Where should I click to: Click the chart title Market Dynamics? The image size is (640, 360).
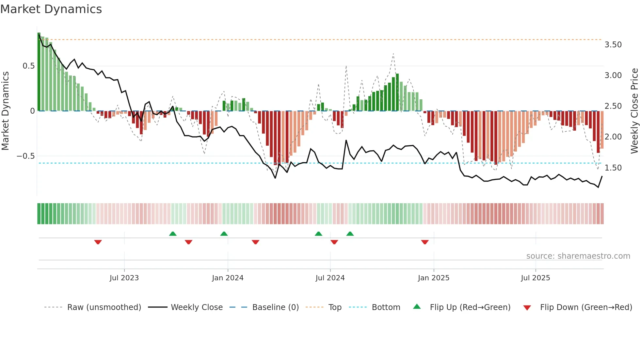(51, 9)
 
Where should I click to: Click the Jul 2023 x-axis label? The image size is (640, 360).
(124, 278)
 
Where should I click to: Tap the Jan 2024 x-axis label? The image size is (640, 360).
(228, 278)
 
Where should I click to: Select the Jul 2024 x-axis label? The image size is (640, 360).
(330, 278)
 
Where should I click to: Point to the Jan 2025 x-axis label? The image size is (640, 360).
(434, 278)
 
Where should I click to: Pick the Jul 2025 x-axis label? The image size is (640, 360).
(536, 278)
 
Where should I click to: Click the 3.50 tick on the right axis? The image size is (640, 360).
(613, 45)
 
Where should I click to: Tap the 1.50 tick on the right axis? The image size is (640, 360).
(613, 168)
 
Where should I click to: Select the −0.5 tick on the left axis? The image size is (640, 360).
(26, 156)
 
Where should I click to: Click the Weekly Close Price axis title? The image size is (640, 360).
(634, 111)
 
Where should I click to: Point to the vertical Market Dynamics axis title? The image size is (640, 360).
(5, 111)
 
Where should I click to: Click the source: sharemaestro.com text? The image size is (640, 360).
(578, 256)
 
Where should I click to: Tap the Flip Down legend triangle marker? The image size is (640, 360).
(527, 308)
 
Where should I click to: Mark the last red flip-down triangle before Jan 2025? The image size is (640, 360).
(424, 242)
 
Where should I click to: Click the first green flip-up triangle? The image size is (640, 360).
(173, 234)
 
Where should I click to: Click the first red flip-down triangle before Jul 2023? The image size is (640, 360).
(98, 242)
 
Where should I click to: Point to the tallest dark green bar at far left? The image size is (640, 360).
(39, 72)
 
